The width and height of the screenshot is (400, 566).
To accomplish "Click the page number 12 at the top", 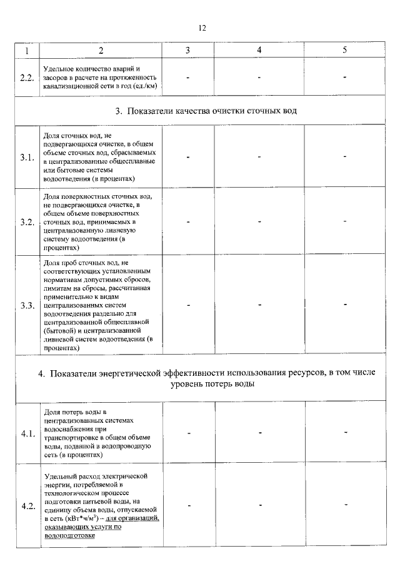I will [x=201, y=28].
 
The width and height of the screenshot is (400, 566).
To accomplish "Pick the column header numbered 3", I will [x=187, y=50].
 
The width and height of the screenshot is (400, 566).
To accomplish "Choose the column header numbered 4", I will [x=259, y=50].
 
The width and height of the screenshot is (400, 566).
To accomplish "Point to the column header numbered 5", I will [x=344, y=50].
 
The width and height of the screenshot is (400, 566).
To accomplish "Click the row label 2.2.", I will [x=27, y=77].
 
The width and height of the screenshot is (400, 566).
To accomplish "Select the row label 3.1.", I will [x=27, y=157].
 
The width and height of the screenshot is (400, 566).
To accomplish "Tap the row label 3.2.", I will [x=27, y=222].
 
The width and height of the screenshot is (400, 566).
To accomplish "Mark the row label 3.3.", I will [x=27, y=305].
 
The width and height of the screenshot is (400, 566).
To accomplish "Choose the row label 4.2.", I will [x=27, y=506].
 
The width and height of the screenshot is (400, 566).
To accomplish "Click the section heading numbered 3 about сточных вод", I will [x=206, y=111].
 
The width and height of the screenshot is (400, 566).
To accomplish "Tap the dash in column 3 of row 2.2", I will [x=187, y=77].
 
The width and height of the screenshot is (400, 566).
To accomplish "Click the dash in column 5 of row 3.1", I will [x=344, y=156].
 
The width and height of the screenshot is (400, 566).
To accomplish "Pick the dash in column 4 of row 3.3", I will [x=259, y=305].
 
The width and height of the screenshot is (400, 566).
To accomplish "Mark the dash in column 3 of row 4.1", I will [x=187, y=432].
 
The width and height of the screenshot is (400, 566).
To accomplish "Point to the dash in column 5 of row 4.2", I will [x=344, y=505].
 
